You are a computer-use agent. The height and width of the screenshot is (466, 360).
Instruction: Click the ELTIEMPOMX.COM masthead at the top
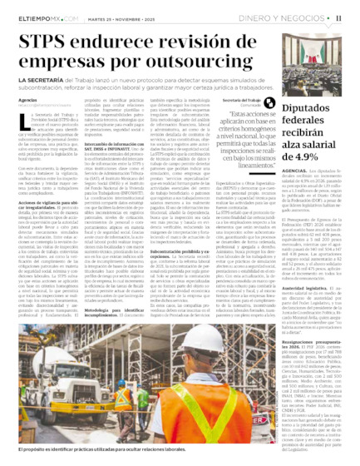click(x=36, y=12)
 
